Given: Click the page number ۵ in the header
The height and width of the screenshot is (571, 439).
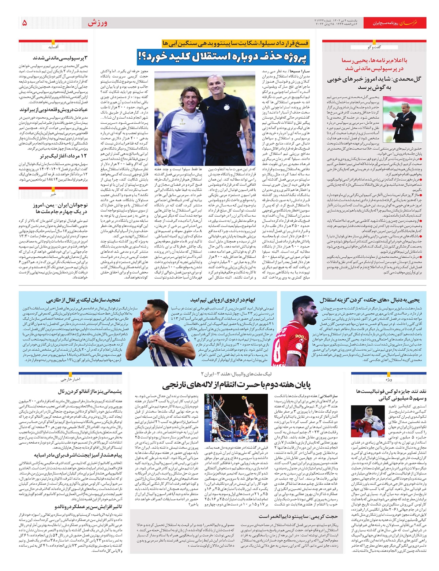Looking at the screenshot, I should (25, 23).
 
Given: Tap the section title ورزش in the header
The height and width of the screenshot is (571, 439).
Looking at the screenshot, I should (97, 23).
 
